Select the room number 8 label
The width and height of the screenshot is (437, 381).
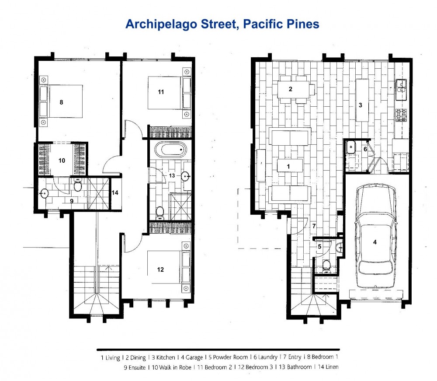pyautogui.click(x=62, y=102)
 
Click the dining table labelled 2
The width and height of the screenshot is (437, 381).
pyautogui.click(x=295, y=89)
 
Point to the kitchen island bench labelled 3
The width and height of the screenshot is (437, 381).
pyautogui.click(x=361, y=100)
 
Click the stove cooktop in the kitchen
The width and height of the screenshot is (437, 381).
pyautogui.click(x=401, y=115)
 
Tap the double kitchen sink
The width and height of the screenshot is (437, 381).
pyautogui.click(x=402, y=86)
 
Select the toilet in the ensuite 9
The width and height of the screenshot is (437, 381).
pyautogui.click(x=78, y=186)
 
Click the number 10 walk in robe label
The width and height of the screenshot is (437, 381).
pyautogui.click(x=62, y=161)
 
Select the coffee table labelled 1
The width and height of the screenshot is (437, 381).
pyautogui.click(x=289, y=166)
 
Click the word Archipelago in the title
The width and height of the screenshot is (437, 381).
pyautogui.click(x=159, y=24)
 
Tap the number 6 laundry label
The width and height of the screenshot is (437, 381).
pyautogui.click(x=366, y=149)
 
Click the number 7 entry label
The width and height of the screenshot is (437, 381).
pyautogui.click(x=314, y=226)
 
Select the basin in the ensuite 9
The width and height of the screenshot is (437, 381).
pyautogui.click(x=45, y=193)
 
